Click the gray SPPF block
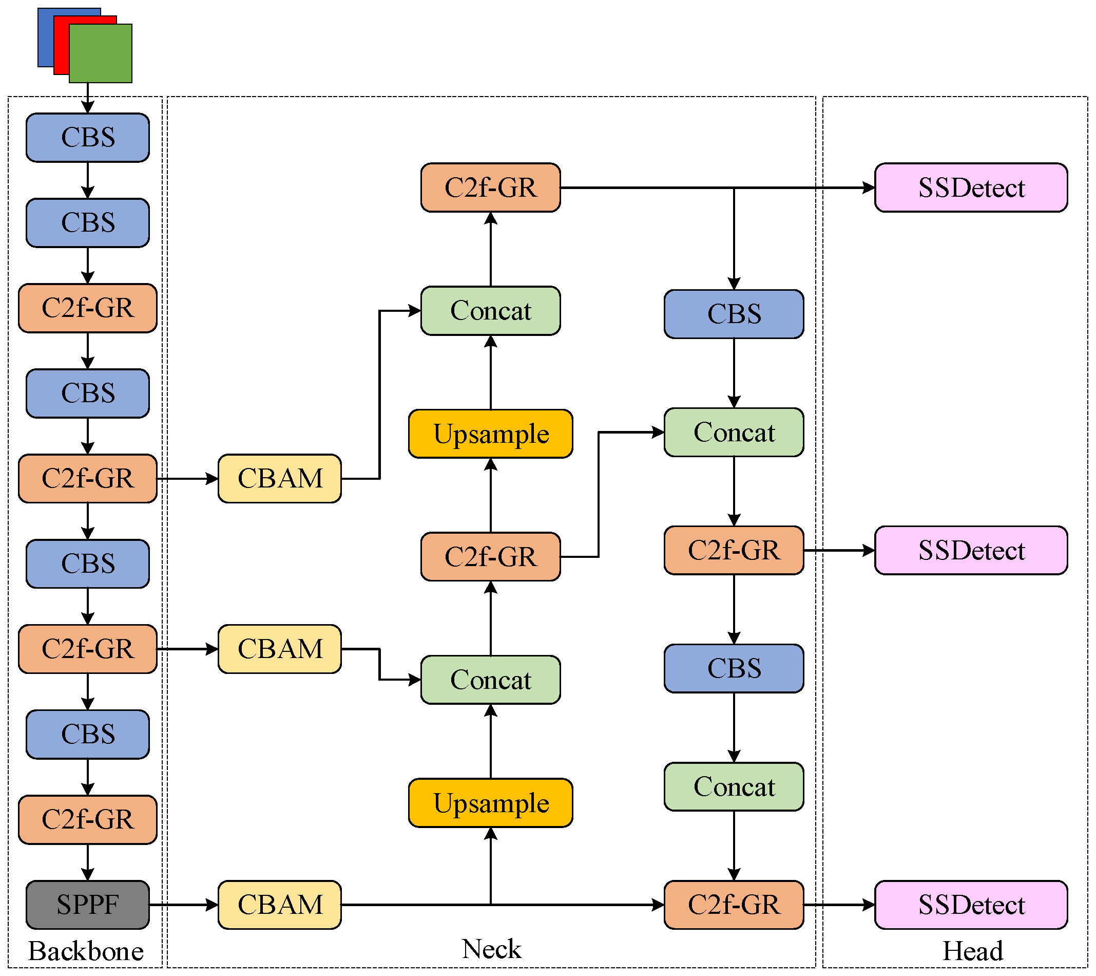point(87,905)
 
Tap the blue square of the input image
point(46,32)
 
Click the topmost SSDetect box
point(971,188)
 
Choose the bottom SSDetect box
point(971,905)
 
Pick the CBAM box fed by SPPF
point(279,905)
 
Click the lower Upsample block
point(490,803)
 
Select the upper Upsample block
point(490,434)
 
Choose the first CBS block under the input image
point(87,137)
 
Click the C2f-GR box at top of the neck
point(490,188)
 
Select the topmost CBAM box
point(279,478)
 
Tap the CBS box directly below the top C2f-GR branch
point(734,314)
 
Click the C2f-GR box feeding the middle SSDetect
point(734,550)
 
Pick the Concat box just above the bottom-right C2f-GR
point(734,786)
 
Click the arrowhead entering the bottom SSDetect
point(869,905)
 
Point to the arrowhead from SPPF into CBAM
point(213,905)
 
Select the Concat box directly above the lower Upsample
point(490,679)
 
